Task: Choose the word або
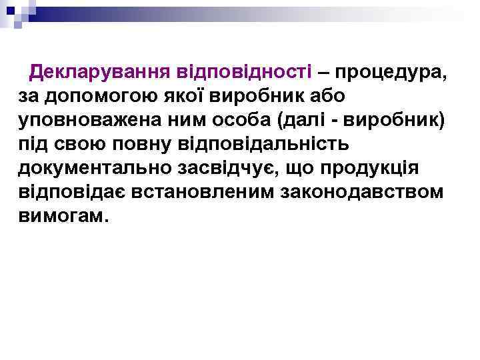(x=326, y=96)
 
